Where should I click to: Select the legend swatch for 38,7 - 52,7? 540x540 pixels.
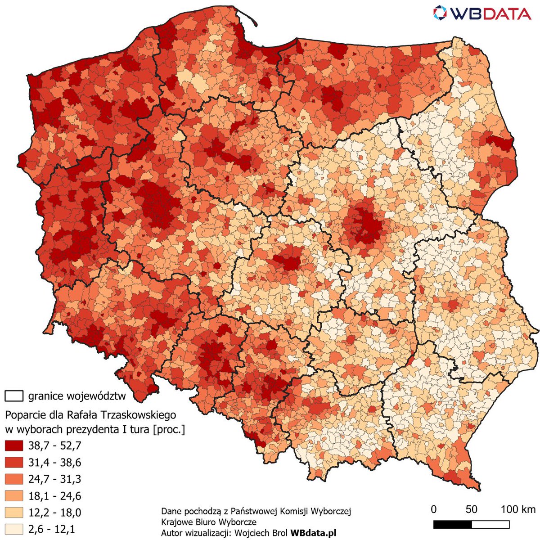click(13, 445)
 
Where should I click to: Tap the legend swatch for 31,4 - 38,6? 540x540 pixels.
click(13, 462)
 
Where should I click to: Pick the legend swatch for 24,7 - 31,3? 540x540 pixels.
click(13, 479)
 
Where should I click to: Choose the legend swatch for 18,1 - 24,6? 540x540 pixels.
click(13, 496)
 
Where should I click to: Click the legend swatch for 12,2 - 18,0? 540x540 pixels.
click(13, 513)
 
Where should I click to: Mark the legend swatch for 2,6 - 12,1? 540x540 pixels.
click(13, 529)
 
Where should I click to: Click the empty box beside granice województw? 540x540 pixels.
click(13, 396)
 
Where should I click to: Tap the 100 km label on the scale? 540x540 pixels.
click(518, 509)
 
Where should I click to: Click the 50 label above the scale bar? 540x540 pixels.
click(471, 509)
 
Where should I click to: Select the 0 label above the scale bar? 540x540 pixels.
click(433, 509)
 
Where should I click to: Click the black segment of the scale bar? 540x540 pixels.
click(452, 525)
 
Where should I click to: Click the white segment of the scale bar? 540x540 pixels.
click(490, 525)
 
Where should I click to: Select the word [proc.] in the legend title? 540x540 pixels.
click(169, 429)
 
